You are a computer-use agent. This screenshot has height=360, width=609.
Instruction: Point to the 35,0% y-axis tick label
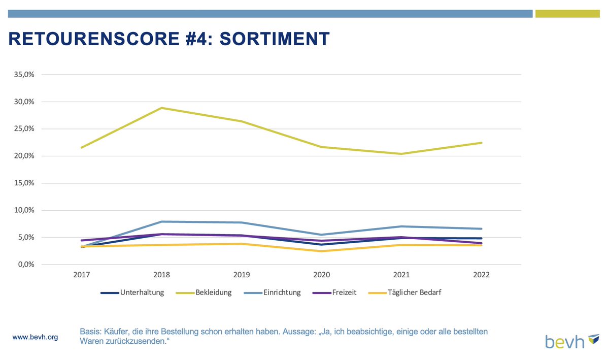[23, 75]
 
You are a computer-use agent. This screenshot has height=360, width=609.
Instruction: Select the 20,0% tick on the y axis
[23, 156]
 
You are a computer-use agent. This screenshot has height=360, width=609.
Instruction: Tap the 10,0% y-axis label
[23, 210]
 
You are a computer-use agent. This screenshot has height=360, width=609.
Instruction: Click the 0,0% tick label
[25, 265]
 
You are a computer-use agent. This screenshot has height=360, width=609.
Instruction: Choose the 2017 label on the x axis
[82, 275]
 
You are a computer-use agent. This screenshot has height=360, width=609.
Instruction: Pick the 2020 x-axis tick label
[322, 275]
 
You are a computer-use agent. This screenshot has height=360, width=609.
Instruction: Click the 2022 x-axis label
[482, 275]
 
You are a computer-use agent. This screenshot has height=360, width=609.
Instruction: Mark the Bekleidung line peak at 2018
[162, 108]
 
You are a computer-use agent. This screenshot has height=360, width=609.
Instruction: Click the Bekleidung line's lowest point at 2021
[401, 154]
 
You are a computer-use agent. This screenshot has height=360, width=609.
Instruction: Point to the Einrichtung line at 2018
[162, 221]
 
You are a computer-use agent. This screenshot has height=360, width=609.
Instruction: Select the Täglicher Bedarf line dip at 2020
[322, 251]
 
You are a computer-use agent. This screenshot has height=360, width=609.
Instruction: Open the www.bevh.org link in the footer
[35, 337]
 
